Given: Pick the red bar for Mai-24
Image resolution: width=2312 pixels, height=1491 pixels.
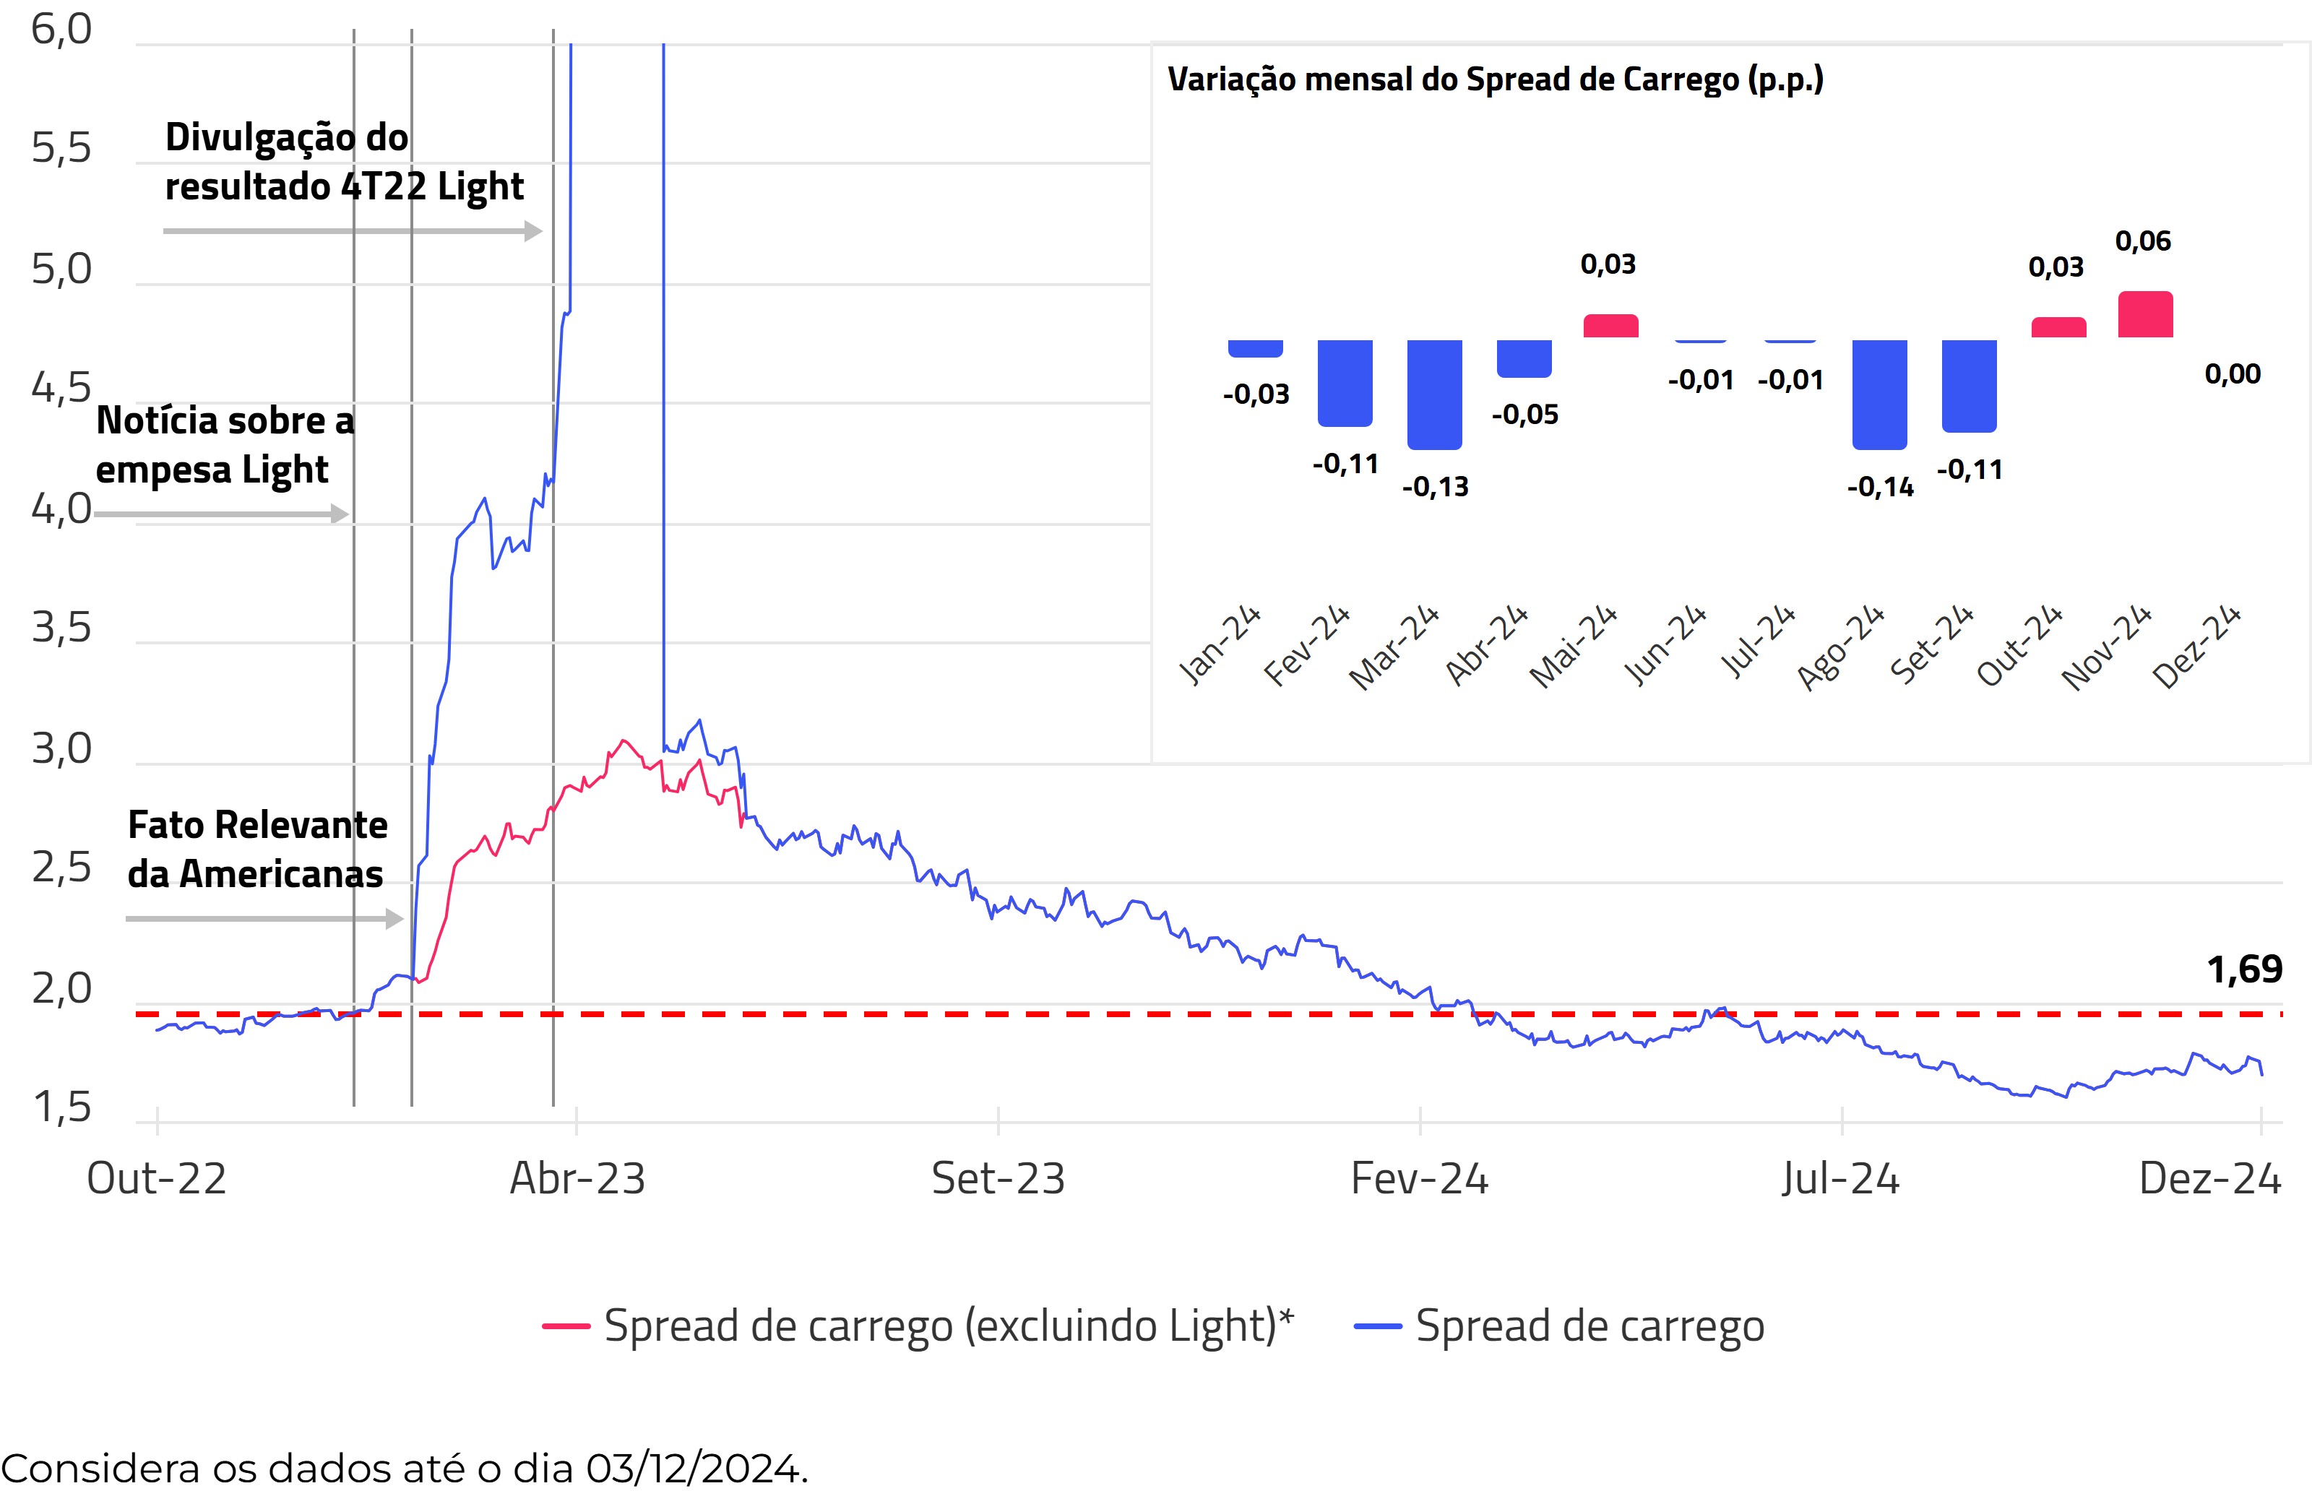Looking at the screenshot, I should (1610, 327).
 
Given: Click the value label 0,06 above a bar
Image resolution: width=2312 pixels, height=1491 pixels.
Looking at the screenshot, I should (2142, 241).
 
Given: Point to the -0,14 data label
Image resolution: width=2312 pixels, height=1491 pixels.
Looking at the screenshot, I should (1879, 486).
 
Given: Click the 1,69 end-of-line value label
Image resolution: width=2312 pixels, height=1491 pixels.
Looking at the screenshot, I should (2243, 969).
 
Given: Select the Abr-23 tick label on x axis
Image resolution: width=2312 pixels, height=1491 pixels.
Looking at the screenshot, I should (577, 1179).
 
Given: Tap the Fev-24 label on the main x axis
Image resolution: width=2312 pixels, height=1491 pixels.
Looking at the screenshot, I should (1419, 1179).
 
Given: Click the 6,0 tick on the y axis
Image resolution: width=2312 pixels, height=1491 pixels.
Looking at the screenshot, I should (61, 29).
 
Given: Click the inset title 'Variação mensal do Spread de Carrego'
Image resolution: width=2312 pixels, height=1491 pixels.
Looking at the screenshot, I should (1495, 79).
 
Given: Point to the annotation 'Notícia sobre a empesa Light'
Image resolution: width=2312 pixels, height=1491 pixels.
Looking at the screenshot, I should (225, 446).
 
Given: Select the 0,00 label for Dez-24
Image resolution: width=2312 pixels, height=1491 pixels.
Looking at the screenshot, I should (2232, 373).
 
